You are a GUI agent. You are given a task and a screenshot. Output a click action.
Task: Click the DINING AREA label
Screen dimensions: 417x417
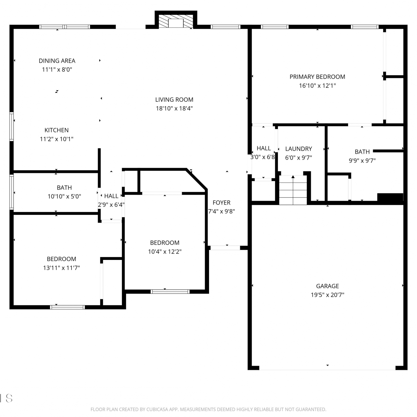[57, 61]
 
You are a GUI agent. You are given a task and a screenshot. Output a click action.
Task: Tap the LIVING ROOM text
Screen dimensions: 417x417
[174, 100]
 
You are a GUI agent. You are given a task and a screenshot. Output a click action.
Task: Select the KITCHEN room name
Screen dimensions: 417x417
[56, 130]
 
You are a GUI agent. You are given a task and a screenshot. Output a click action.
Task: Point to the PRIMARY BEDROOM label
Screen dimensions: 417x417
[317, 77]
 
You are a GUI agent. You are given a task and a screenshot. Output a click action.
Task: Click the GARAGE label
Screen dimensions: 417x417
[327, 286]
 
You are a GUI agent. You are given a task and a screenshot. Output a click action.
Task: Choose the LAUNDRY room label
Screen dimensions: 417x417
[299, 149]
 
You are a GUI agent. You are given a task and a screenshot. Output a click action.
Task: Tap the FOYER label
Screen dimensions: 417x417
[222, 203]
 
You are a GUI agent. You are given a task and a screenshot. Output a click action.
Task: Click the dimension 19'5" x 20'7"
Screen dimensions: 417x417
[327, 295]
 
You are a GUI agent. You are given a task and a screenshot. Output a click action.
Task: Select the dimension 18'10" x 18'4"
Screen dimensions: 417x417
[174, 108]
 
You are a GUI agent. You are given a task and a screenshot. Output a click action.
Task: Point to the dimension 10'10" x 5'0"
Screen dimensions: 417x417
[64, 197]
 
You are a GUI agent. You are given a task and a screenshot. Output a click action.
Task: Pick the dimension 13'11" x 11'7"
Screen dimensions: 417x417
[61, 268]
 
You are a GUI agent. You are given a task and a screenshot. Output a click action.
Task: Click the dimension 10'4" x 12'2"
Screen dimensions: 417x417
[165, 252]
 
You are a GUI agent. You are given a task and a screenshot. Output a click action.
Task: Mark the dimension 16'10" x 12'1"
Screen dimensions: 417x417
[317, 86]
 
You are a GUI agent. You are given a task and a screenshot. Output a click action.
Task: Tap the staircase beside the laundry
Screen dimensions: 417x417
[293, 190]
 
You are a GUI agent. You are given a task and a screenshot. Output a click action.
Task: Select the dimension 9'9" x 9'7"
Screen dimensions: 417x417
[362, 161]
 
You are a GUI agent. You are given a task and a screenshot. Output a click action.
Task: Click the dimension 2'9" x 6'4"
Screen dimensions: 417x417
[111, 205]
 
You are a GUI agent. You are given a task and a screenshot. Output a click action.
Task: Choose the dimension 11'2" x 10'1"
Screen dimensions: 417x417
[56, 139]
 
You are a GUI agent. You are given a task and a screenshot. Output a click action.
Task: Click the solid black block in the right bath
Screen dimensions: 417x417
[390, 197]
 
